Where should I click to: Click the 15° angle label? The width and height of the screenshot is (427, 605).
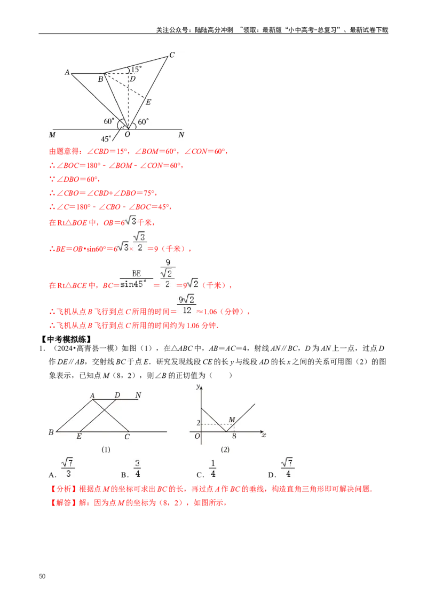[136, 69]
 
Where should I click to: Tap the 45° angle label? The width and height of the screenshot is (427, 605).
[106, 139]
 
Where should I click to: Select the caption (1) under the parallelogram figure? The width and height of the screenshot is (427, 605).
[106, 450]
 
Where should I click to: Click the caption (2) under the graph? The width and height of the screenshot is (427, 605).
[225, 450]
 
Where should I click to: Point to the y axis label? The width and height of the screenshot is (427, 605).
[198, 386]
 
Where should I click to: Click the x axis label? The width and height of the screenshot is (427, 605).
[264, 436]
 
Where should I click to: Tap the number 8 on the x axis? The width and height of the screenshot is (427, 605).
[234, 436]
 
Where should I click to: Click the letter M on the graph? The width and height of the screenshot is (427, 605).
[232, 418]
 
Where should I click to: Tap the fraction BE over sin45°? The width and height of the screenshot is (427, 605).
[133, 278]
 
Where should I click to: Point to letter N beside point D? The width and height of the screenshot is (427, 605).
[138, 395]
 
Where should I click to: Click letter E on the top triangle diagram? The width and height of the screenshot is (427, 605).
[148, 102]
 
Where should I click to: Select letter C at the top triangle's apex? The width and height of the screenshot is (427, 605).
[171, 55]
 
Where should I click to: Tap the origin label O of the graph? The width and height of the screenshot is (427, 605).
[197, 437]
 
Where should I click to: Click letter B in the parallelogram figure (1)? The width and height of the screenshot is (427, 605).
[51, 432]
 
